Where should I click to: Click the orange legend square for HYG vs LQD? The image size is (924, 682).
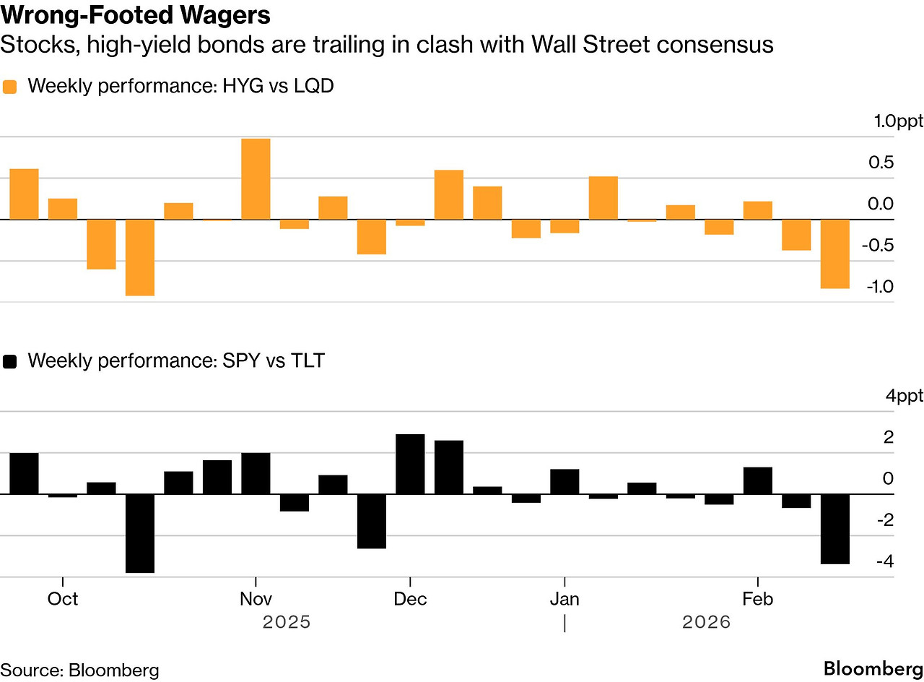10,87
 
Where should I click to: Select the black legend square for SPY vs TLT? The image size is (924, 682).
10,361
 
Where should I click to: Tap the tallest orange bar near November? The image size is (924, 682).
256,178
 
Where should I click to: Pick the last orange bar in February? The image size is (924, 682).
834,254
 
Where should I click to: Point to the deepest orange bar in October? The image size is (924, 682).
140,257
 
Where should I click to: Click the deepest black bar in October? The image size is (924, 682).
140,533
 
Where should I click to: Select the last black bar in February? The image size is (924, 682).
834,529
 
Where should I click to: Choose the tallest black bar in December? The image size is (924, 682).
410,464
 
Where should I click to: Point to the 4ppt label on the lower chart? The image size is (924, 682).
904,396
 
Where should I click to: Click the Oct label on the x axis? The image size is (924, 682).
63,600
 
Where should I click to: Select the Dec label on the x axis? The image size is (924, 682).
410,600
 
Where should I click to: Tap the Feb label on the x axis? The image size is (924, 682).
757,600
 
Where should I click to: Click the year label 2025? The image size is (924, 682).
287,622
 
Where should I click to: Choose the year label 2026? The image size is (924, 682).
706,622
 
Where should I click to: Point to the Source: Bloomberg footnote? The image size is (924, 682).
79,669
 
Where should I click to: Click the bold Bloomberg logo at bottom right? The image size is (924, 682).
873,668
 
